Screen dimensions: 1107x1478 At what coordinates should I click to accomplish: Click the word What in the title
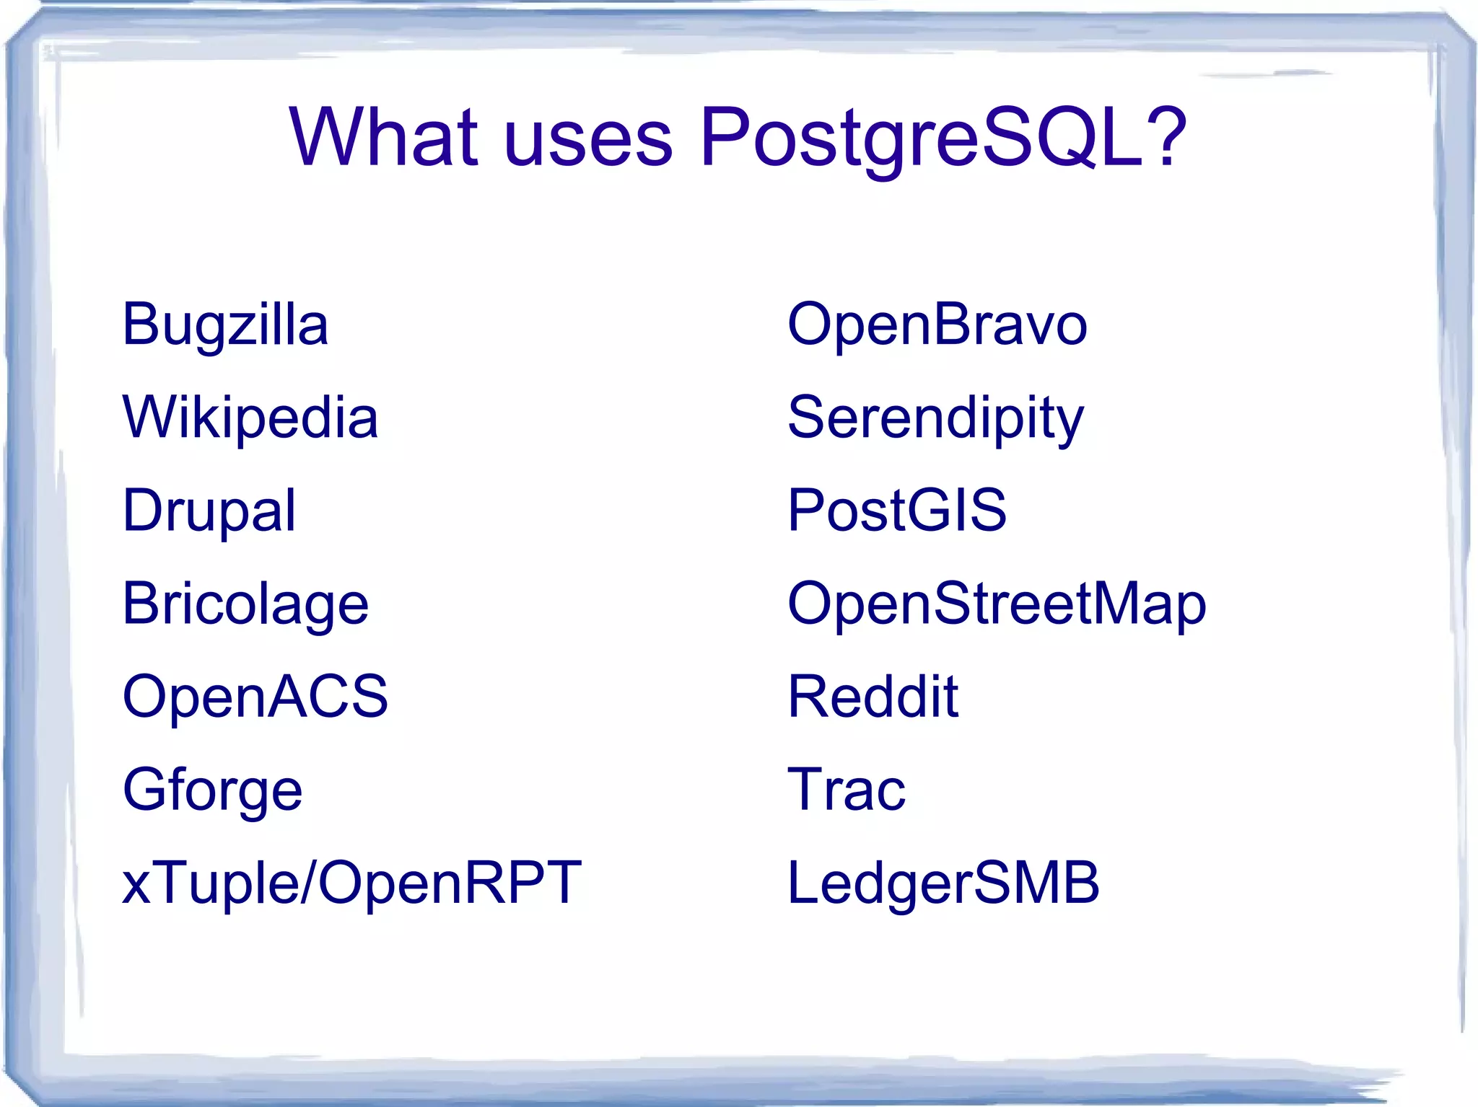coord(383,136)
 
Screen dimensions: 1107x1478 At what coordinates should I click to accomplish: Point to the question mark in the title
coord(1163,134)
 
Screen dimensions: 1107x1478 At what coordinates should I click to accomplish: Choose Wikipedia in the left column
coord(250,418)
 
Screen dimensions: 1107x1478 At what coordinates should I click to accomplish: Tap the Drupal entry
coord(209,511)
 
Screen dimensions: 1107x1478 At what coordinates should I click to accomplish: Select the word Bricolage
coord(245,604)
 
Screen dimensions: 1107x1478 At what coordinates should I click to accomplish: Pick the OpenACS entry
coord(255,697)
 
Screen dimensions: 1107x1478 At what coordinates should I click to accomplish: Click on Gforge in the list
coord(212,790)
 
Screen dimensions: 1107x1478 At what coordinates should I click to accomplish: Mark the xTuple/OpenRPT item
coord(351,883)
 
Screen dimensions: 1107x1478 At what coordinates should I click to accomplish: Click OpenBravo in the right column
coord(937,325)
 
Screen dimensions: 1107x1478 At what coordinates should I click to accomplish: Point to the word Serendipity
coord(935,419)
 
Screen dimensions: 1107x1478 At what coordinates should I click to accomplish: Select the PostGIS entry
coord(896,511)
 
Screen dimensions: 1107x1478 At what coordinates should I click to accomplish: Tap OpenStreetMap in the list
coord(997,604)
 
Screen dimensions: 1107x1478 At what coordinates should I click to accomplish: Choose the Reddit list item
coord(873,697)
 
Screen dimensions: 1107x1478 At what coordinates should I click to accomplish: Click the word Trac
coord(846,790)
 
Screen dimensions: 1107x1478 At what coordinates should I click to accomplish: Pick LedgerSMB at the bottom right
coord(943,883)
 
